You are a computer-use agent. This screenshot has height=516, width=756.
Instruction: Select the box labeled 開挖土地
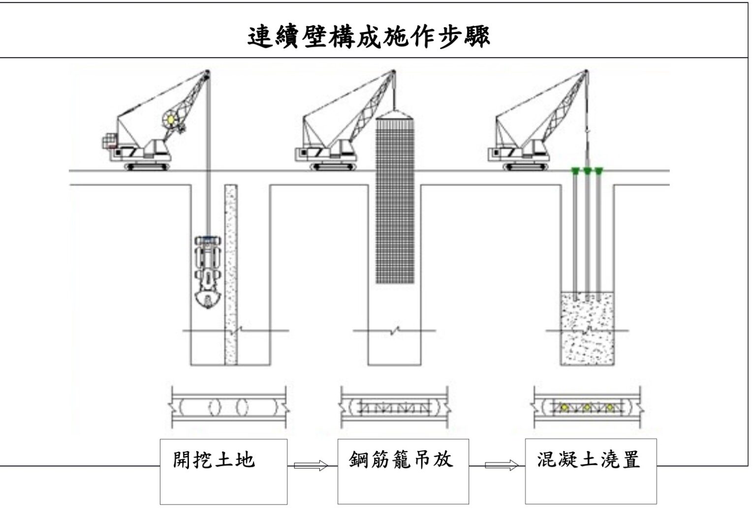point(223,471)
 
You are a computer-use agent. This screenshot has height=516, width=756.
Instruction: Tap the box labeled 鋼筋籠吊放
point(403,471)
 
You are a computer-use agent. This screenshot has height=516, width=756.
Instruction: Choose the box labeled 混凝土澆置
point(591,471)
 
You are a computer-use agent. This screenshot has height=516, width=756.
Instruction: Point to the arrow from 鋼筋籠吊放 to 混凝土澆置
point(502,465)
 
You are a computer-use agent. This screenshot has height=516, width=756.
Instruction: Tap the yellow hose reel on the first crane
point(171,118)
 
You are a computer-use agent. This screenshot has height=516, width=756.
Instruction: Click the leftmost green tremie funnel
point(574,171)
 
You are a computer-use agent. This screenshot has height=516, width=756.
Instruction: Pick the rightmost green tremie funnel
point(598,171)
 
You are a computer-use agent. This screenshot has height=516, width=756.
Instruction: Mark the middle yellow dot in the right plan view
point(587,408)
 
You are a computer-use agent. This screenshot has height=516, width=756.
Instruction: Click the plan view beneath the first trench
point(228,408)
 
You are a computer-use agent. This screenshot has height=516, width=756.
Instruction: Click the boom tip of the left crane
point(206,73)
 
